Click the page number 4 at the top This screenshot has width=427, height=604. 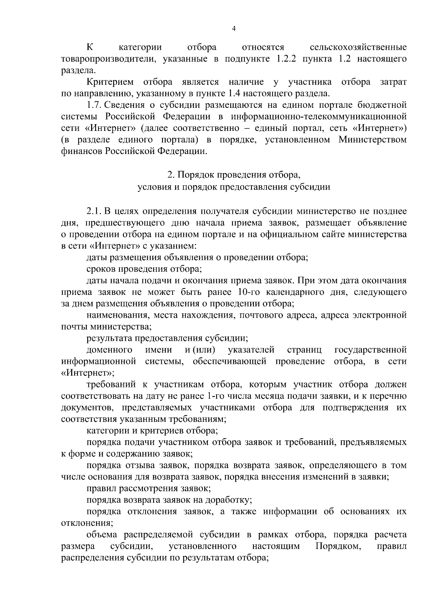[234, 29]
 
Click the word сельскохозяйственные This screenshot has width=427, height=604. [358, 47]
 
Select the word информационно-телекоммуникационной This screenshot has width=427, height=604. [318, 117]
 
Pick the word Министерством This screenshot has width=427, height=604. [372, 140]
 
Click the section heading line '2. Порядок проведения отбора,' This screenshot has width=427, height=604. [234, 175]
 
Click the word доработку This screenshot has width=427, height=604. [228, 500]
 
